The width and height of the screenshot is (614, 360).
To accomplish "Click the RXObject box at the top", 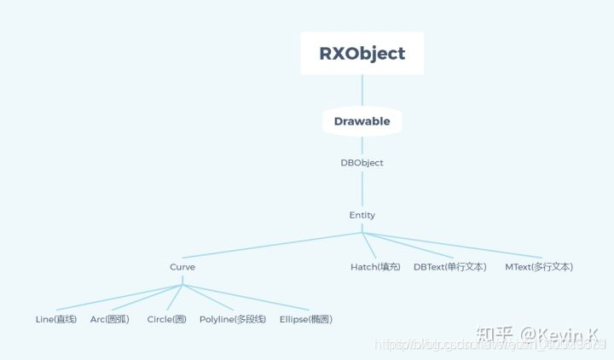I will [362, 53].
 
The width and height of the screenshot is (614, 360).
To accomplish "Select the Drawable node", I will [362, 121].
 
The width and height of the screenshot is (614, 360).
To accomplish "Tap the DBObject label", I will [362, 162].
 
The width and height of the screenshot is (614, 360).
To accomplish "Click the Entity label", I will [362, 215].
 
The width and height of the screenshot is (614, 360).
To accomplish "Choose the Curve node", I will [182, 267].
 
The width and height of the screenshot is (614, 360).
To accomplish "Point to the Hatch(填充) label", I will [375, 267].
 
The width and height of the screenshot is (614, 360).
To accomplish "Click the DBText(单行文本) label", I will [450, 267].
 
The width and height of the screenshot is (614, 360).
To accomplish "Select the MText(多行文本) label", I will [539, 267].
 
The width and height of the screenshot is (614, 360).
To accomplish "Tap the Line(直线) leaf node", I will [56, 319].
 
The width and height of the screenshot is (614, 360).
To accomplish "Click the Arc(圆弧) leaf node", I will [110, 319].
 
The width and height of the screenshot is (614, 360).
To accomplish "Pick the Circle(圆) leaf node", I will [166, 319].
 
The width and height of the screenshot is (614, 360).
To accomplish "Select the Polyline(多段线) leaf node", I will [233, 319].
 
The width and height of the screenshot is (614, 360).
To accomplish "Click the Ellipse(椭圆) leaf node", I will [306, 319].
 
